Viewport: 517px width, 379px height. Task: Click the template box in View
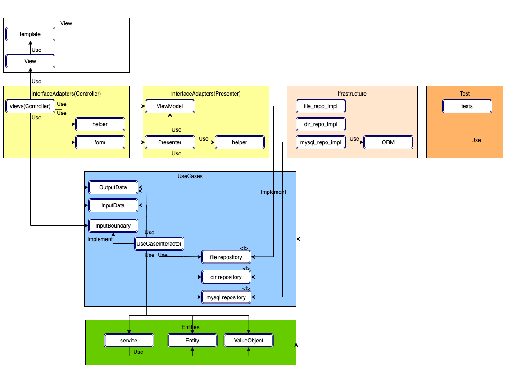(30, 34)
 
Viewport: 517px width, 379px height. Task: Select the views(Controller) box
(30, 106)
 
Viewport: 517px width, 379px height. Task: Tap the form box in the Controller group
(100, 142)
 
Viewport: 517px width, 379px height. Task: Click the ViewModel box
(170, 106)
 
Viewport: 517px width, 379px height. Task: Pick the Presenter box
(170, 142)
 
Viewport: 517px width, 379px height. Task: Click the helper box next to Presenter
(240, 142)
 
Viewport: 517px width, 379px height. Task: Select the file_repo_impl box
(321, 106)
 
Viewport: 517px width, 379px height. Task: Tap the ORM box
(388, 142)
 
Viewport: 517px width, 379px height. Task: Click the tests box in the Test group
(467, 106)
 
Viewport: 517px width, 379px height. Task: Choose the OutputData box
(113, 187)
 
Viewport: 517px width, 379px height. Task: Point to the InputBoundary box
(113, 226)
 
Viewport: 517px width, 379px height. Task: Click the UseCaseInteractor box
(159, 244)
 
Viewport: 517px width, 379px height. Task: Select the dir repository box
(226, 277)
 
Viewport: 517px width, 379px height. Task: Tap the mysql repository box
(226, 297)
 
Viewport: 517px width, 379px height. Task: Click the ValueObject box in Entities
(249, 341)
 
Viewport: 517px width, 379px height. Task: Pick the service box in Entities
(129, 341)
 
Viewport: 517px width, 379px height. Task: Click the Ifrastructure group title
(352, 94)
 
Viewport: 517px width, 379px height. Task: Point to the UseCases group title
(190, 176)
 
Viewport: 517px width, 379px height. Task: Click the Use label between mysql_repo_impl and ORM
(354, 139)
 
